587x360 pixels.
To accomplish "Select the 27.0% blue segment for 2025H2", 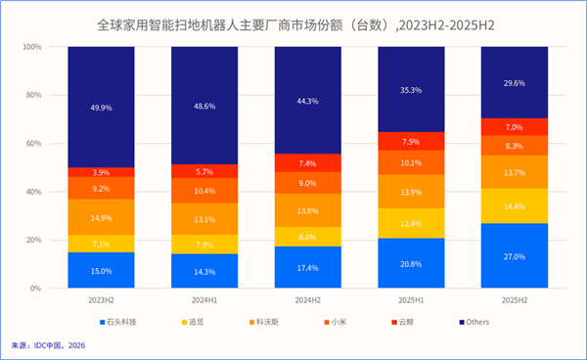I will (514, 256).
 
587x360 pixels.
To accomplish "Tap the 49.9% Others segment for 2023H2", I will (102, 107).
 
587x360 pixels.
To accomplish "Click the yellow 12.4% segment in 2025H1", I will (411, 223).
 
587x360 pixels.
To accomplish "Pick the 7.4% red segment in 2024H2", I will (308, 163).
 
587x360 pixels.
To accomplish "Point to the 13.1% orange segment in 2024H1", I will (204, 218).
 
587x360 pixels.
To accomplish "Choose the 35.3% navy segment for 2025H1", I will (411, 89).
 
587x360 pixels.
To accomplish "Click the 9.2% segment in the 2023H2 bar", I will (102, 188).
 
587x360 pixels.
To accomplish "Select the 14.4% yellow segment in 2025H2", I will (514, 205).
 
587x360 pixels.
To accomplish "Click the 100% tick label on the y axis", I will (30, 47).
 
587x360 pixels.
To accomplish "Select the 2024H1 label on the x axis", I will (204, 300).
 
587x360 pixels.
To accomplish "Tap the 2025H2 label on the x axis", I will (514, 300).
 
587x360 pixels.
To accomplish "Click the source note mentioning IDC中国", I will (49, 345).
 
